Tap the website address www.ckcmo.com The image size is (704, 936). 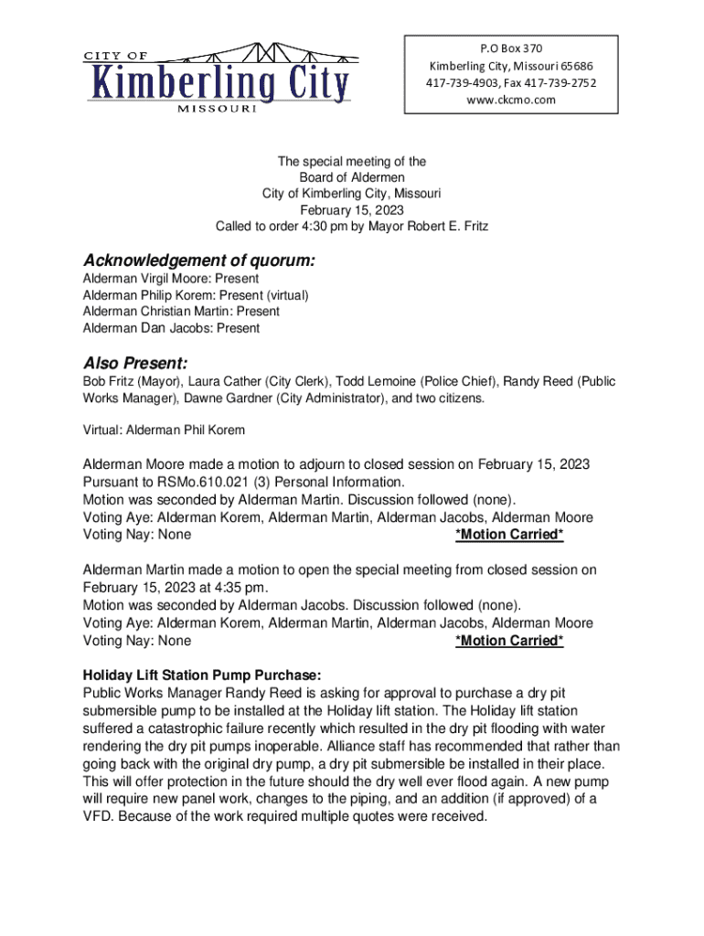pyautogui.click(x=511, y=100)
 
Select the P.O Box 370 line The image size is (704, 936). pyautogui.click(x=511, y=48)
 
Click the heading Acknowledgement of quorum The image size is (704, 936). pyautogui.click(x=198, y=261)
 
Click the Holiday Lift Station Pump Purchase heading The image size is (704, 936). pyautogui.click(x=202, y=675)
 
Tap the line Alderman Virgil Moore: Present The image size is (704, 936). pyautogui.click(x=171, y=278)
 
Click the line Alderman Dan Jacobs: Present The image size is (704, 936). pyautogui.click(x=171, y=328)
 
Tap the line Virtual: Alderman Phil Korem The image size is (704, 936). pyautogui.click(x=164, y=430)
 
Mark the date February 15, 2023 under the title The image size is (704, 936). pyautogui.click(x=352, y=210)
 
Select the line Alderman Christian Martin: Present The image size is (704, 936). pyautogui.click(x=181, y=312)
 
